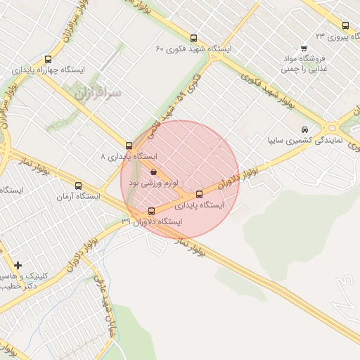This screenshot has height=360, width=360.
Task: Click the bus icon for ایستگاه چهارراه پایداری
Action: pos(48,60)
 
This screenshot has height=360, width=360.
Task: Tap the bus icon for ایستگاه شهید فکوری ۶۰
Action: pos(193,38)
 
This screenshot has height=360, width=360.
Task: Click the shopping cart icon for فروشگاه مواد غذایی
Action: pos(303,49)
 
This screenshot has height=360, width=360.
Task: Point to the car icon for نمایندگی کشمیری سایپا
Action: pos(303,129)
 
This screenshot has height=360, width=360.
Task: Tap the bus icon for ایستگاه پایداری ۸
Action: pos(128,146)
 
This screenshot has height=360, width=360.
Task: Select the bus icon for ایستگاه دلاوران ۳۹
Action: pos(151,211)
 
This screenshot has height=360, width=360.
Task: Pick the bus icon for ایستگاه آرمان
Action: pos(77,187)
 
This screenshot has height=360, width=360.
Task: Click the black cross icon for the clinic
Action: pos(18,265)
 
